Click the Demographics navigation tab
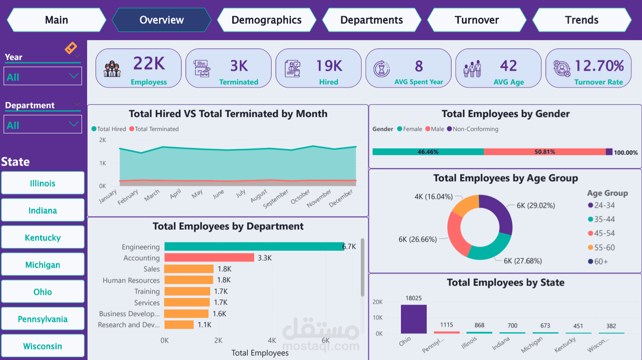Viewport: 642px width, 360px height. [266, 20]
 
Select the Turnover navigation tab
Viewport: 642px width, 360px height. [477, 20]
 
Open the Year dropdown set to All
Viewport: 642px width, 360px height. [43, 77]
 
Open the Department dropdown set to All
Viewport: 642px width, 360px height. [43, 125]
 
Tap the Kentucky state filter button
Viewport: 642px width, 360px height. [43, 237]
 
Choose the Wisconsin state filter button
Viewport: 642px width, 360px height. [43, 346]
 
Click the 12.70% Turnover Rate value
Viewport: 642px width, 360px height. [599, 66]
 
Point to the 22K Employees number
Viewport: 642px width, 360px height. [149, 63]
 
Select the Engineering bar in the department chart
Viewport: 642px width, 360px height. [254, 247]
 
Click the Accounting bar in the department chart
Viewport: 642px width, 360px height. [209, 258]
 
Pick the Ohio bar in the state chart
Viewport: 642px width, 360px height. [414, 319]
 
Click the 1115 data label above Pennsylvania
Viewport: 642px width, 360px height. [447, 325]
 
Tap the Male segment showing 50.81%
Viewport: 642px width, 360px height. [545, 152]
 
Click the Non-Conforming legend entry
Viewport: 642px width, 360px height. [473, 129]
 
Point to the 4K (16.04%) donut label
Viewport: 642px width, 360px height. [433, 197]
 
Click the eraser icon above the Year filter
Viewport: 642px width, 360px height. [71, 48]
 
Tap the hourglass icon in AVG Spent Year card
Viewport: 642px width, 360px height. [381, 69]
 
